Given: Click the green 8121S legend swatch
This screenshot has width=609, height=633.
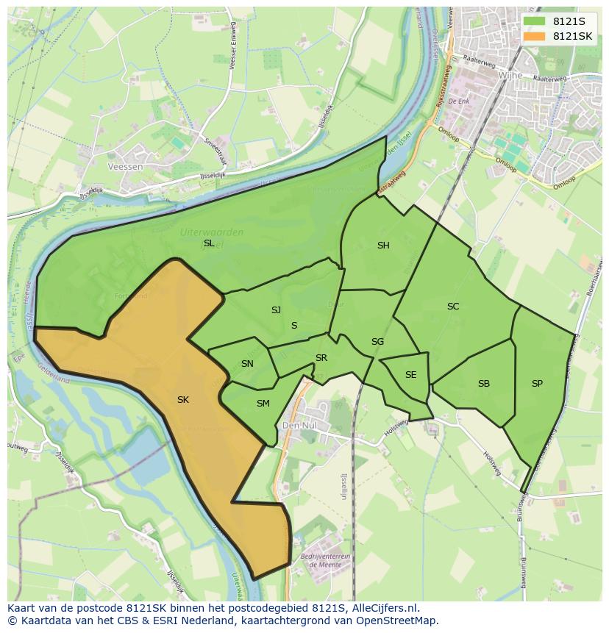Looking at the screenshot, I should (534, 21).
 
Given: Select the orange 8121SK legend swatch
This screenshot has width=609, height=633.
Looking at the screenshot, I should (534, 36).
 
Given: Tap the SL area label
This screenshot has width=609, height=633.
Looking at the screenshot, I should (209, 243).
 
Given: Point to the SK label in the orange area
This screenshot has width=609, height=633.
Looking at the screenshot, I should (183, 400).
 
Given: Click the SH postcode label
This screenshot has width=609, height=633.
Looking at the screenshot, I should (383, 246).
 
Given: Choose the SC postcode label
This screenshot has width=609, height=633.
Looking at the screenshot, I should (453, 307).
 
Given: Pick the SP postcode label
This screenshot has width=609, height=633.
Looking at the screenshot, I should (537, 384).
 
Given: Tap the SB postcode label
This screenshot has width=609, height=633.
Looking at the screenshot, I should (484, 384).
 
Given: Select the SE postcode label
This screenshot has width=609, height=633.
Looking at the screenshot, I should (410, 375).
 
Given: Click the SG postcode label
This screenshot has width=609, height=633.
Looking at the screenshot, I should (377, 342).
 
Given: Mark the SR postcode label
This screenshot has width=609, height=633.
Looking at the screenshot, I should (321, 358).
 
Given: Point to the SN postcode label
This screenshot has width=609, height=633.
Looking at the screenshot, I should (247, 364).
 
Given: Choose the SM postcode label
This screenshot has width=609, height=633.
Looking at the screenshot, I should (263, 404).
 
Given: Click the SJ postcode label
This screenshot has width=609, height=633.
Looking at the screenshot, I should (276, 310).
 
